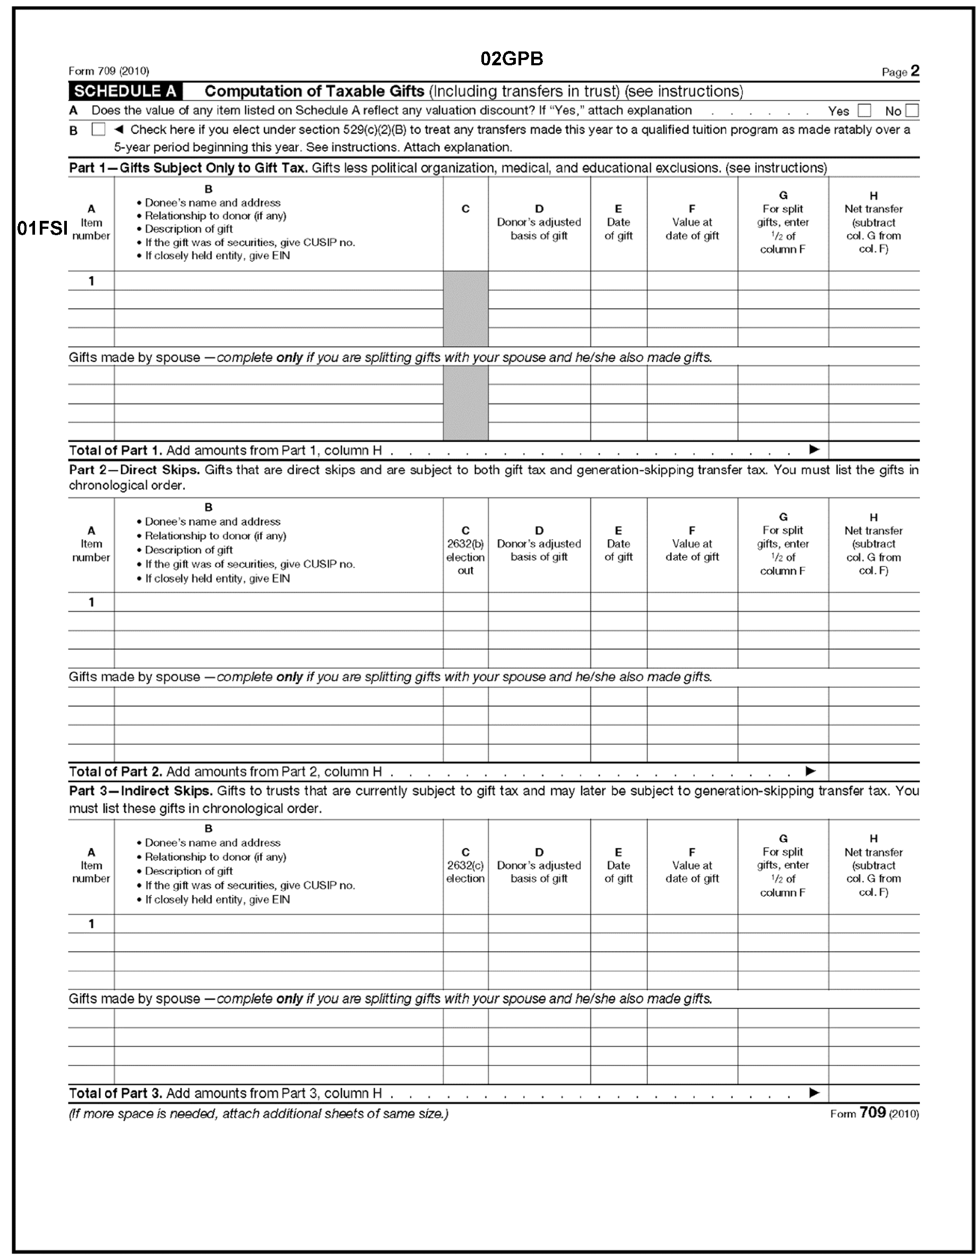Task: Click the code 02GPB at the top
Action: click(x=511, y=58)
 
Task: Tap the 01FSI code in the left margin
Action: click(x=42, y=228)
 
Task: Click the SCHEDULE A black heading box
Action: click(x=125, y=91)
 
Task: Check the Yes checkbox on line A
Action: click(x=863, y=110)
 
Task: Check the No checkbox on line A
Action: click(x=911, y=110)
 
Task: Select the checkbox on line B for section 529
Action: click(x=99, y=130)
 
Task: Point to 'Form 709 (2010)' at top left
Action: click(x=109, y=71)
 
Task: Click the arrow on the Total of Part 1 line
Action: click(x=814, y=449)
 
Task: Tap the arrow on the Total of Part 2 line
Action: click(x=810, y=771)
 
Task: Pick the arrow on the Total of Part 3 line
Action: click(x=814, y=1093)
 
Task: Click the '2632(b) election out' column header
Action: click(x=465, y=550)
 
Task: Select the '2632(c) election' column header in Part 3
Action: click(x=465, y=865)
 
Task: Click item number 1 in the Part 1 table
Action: click(x=91, y=281)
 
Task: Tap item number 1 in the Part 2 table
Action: click(x=91, y=602)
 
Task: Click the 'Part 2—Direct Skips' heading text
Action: click(x=134, y=470)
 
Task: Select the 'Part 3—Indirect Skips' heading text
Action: click(x=140, y=791)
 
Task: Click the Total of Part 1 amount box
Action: click(x=874, y=450)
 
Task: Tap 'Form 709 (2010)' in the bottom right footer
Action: click(x=874, y=1114)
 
